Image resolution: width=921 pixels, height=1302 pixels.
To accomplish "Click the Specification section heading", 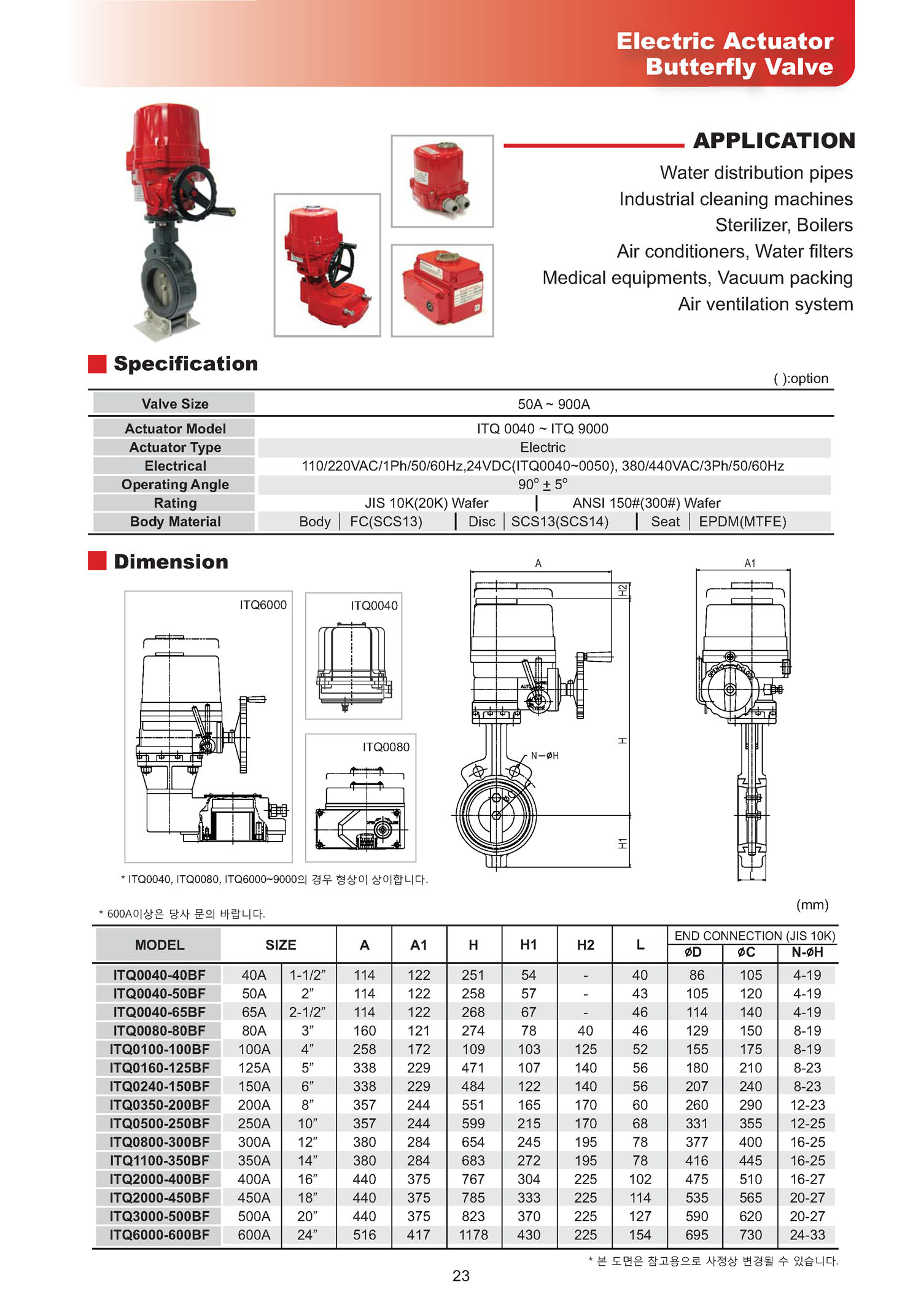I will (185, 364).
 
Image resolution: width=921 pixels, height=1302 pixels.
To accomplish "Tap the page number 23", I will (460, 1276).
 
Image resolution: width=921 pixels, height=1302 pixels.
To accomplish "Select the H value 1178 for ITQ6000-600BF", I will (473, 1234).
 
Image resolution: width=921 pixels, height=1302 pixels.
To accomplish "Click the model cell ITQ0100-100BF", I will (159, 1049).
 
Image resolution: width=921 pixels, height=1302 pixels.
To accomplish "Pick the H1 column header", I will (528, 945).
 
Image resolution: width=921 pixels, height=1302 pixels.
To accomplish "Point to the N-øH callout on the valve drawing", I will (545, 756).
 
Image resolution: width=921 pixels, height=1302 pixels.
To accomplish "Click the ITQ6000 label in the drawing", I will (263, 605).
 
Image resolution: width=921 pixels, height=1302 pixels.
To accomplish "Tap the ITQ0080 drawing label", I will (386, 747).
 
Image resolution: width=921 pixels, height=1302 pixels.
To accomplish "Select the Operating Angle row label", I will (175, 484).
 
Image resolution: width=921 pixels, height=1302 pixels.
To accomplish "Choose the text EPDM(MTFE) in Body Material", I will (742, 522).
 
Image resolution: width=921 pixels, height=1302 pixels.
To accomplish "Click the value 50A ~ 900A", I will (553, 404).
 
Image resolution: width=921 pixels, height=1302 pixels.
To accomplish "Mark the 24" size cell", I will (307, 1234).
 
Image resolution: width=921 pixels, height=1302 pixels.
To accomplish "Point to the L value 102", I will (640, 1179).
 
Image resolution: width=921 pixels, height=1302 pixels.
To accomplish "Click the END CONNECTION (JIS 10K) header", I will (755, 936).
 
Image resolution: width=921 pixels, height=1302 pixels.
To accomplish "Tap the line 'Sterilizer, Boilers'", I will (783, 225).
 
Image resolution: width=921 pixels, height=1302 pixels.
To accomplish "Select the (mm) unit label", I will (812, 904).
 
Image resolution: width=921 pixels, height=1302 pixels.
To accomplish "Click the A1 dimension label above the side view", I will (750, 563).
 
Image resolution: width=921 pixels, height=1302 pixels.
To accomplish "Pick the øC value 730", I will (750, 1234).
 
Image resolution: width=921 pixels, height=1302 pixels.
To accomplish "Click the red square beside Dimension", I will (97, 561).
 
